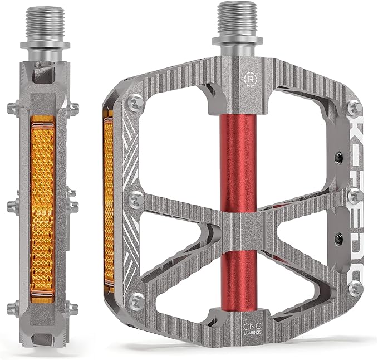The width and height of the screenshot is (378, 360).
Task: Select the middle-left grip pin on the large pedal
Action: [133, 198]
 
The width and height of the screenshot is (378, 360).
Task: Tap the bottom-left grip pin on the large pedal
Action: [136, 301]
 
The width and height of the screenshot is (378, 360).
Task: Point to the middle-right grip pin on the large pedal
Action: [353, 196]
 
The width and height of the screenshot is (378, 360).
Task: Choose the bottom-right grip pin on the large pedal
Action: [353, 288]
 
